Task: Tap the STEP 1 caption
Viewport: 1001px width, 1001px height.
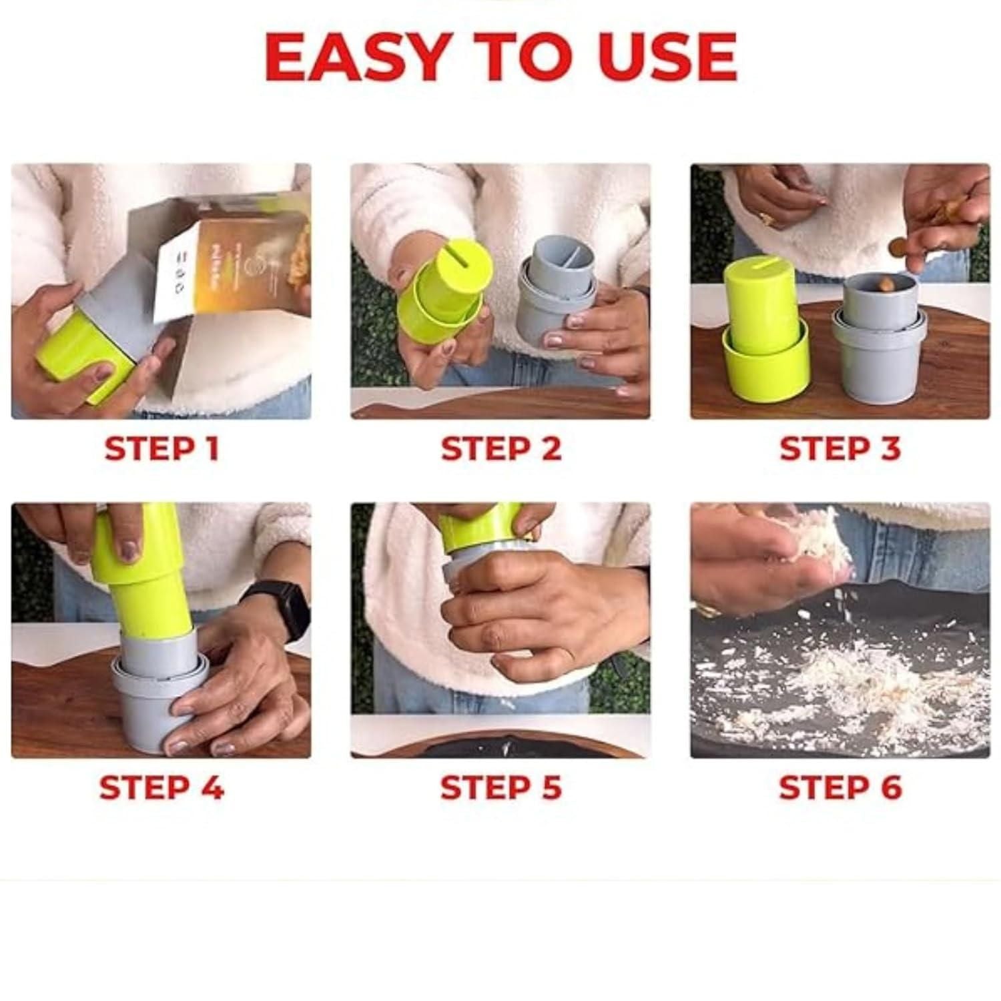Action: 161,448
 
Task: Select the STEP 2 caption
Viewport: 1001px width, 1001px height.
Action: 501,448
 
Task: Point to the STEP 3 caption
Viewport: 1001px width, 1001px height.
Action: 840,448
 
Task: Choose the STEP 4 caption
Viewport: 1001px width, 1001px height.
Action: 161,788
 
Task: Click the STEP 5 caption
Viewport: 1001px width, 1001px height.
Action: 501,788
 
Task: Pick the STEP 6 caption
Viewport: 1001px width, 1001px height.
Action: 840,788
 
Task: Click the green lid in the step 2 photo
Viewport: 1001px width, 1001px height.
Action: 440,300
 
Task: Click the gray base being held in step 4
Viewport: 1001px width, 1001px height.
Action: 143,701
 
